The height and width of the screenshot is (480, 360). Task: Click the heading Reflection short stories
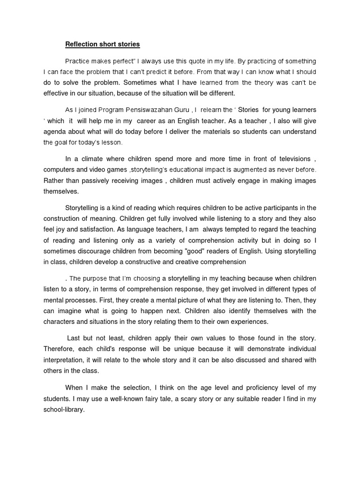[102, 45]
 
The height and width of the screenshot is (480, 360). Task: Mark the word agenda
[55, 132]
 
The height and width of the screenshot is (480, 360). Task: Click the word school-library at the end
[64, 409]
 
